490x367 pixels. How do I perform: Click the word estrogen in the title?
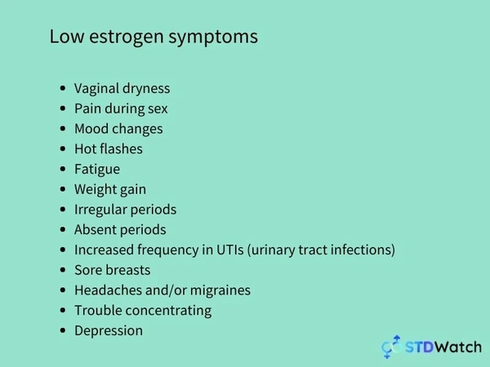point(127,37)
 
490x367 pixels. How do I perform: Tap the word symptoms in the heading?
point(213,38)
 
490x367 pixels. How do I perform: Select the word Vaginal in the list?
point(96,89)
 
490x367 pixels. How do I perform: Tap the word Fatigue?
point(97,170)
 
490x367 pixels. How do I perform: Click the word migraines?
point(220,290)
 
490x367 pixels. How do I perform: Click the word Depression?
point(109,331)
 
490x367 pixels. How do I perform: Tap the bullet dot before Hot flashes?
point(63,149)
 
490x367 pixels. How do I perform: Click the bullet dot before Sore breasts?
point(63,270)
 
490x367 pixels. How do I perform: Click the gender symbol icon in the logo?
point(391,347)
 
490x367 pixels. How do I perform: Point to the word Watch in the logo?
point(458,347)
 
